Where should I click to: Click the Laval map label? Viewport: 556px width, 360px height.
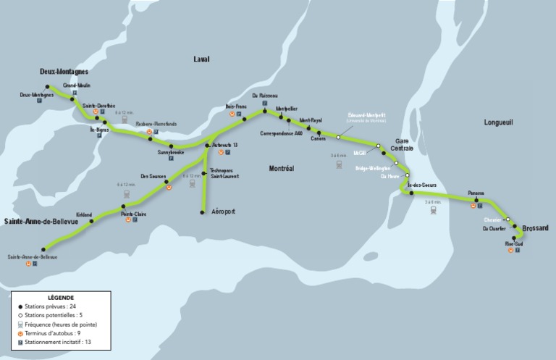[201, 59]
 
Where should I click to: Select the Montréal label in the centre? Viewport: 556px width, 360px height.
[281, 168]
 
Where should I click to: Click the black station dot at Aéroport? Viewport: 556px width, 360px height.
[202, 212]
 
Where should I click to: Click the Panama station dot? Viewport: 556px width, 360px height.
[476, 199]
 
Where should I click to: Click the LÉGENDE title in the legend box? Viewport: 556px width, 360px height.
[61, 298]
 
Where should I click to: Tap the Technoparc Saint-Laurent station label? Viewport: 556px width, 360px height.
[224, 174]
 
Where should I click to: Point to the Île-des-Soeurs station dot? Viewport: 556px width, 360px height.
[411, 192]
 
